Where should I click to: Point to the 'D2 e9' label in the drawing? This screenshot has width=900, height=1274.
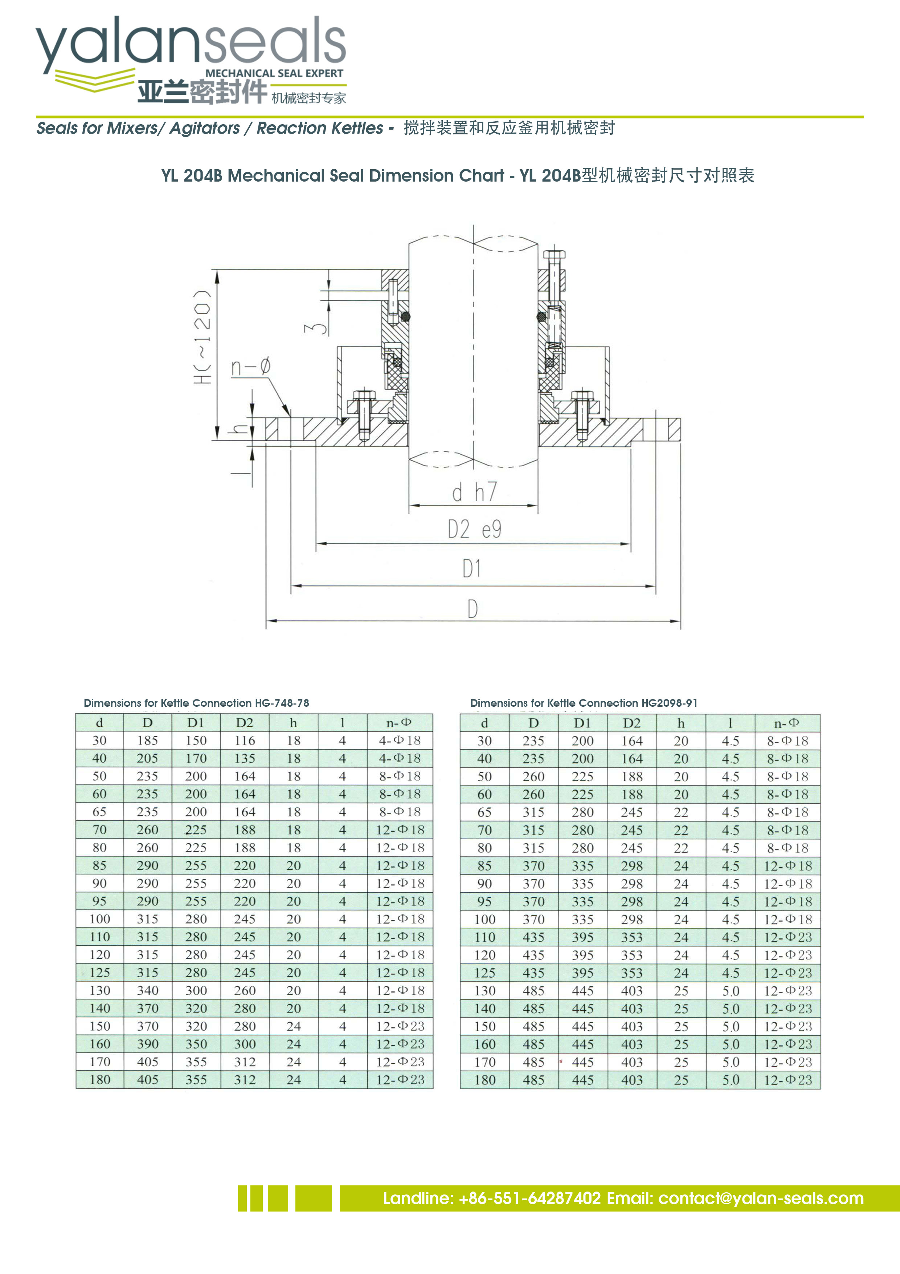(475, 530)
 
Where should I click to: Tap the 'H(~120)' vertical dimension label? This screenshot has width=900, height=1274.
(203, 336)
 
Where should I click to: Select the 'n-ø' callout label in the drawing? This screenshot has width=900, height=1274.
(251, 367)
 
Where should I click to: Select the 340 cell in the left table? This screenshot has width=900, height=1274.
(147, 990)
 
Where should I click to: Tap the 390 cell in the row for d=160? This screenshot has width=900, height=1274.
(147, 1044)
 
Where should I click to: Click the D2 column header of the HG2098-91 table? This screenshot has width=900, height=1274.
(631, 723)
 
